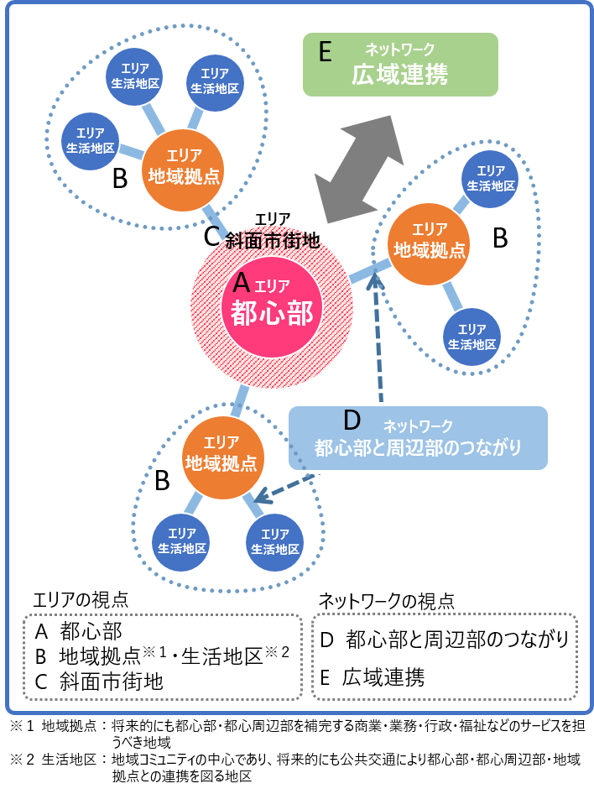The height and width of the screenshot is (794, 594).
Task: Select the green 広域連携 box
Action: pos(400,65)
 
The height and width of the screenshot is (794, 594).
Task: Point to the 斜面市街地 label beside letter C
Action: pos(273,240)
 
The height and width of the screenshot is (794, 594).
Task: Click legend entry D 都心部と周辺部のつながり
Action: pos(445,640)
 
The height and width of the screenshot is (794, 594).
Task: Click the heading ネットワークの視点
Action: pos(387,600)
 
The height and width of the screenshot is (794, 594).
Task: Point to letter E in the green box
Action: pos(326,52)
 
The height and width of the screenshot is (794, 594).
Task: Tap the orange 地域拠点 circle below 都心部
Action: pos(223,457)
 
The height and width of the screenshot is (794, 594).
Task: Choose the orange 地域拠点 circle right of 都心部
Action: pos(430,242)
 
